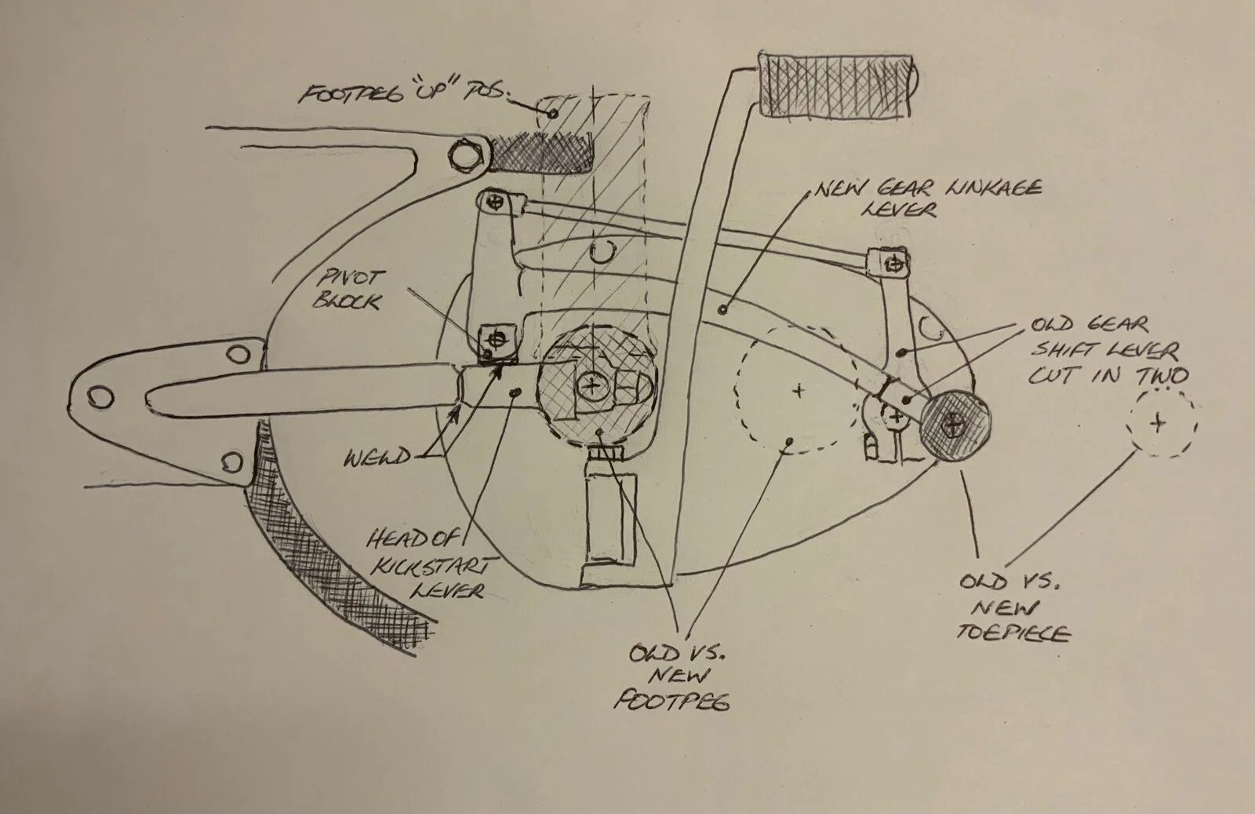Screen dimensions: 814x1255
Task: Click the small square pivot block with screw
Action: tap(495, 340)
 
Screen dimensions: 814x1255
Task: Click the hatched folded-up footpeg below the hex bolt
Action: tap(541, 152)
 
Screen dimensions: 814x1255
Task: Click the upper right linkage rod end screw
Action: tap(886, 261)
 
